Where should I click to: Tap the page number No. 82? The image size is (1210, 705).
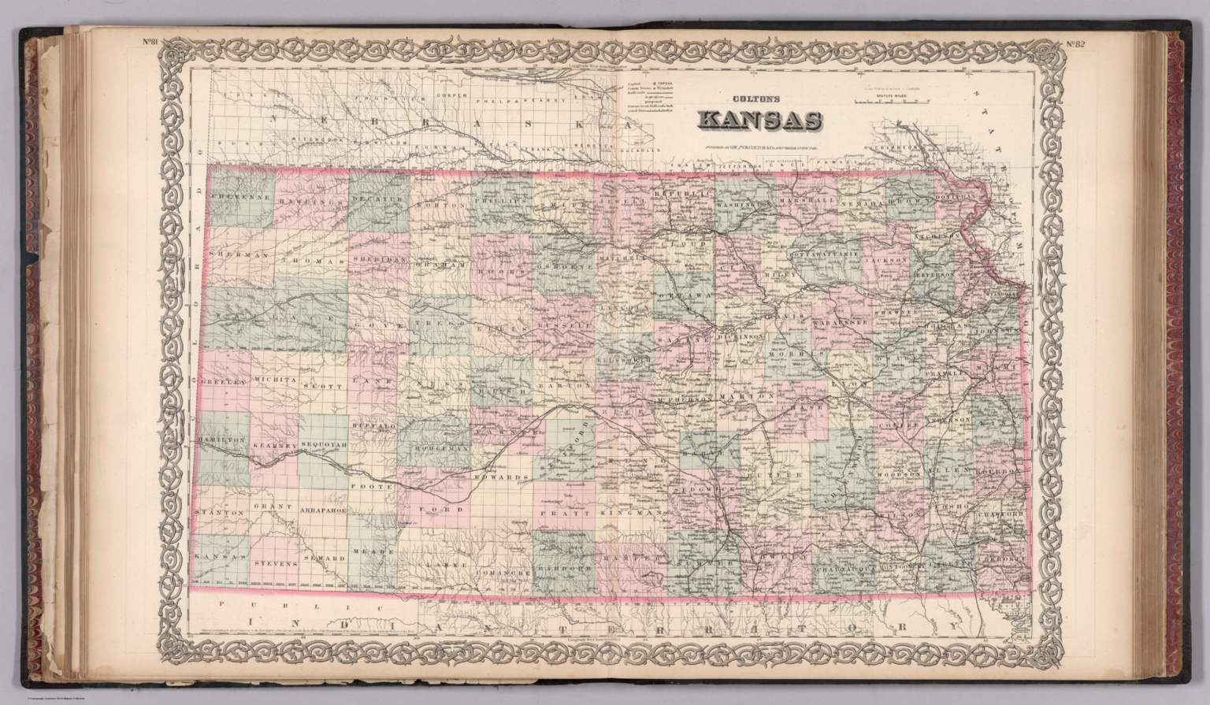[1076, 44]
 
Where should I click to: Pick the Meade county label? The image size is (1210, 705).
[373, 551]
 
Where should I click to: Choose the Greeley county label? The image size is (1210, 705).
[225, 381]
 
